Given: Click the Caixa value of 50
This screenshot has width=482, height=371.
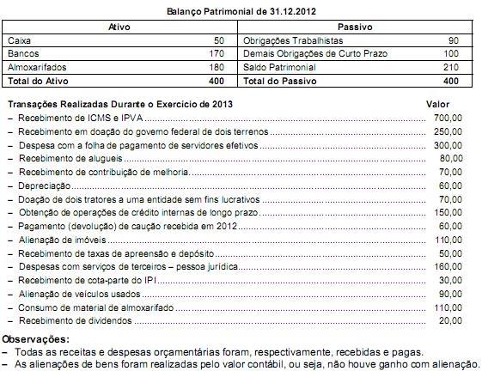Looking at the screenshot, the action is tap(218, 41).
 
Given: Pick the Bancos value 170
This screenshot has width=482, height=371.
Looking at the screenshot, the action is tap(216, 54).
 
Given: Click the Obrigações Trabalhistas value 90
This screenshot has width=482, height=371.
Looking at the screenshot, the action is tap(454, 41).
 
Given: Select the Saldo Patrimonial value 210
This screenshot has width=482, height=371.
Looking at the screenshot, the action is tap(451, 67).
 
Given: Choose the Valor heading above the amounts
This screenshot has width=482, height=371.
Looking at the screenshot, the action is tap(438, 104).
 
